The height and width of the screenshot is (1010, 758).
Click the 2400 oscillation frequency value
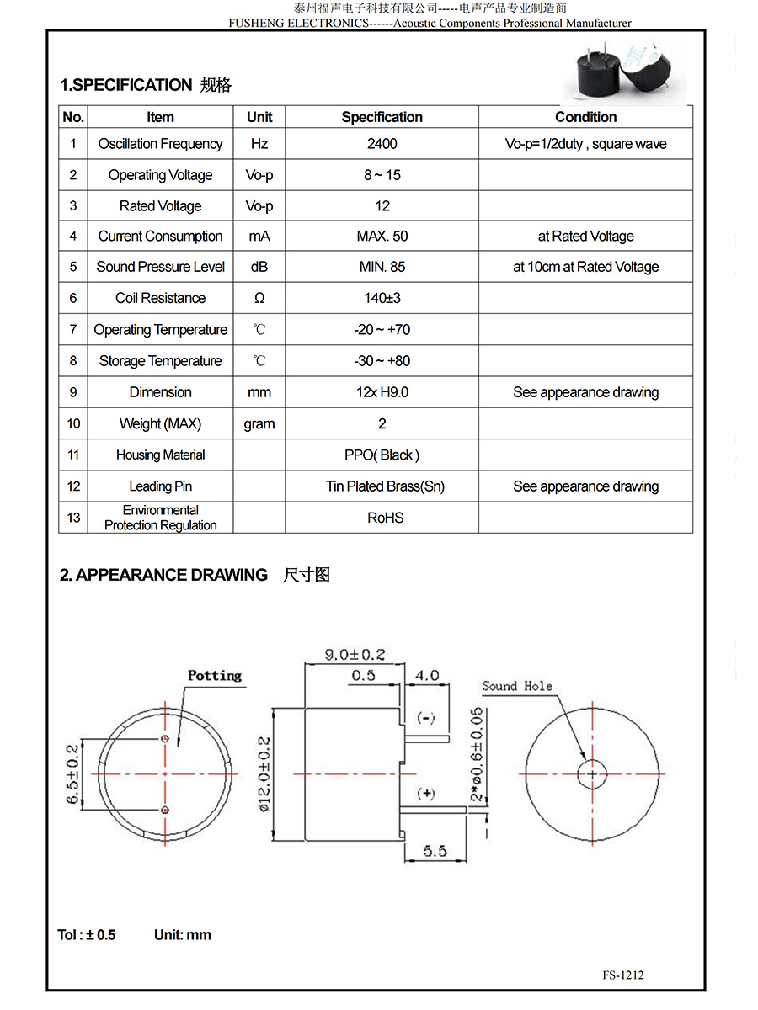click(x=382, y=144)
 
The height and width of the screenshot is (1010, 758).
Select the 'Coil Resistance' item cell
click(x=160, y=298)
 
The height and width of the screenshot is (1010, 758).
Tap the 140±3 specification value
click(x=382, y=298)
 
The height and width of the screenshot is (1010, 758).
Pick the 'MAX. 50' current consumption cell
click(x=382, y=237)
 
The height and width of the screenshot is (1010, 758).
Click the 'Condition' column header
click(x=585, y=117)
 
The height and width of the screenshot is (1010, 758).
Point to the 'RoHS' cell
click(x=385, y=518)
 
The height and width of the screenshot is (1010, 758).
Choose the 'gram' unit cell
click(x=259, y=424)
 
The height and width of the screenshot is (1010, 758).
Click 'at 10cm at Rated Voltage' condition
click(x=585, y=267)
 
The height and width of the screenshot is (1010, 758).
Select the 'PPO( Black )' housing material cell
click(x=382, y=455)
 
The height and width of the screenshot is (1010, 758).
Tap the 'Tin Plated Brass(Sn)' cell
click(x=385, y=486)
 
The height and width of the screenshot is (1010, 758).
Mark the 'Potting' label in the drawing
click(x=214, y=676)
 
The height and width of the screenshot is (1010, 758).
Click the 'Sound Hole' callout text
click(x=517, y=686)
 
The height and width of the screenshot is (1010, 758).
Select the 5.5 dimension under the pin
click(x=435, y=851)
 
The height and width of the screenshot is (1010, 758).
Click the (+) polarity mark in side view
click(x=426, y=794)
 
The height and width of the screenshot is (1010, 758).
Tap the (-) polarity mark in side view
click(x=426, y=718)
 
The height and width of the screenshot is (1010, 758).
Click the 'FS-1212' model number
click(x=623, y=975)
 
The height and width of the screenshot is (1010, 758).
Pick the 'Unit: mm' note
click(x=183, y=935)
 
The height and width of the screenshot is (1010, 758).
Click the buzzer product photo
click(x=624, y=72)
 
